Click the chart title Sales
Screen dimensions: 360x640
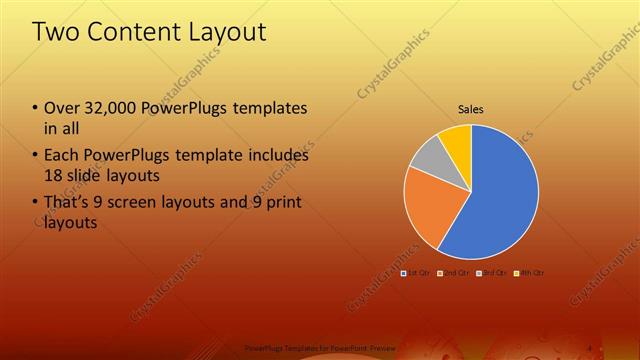click(x=471, y=108)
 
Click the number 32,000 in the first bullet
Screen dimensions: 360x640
click(x=108, y=107)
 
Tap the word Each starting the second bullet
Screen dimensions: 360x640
click(x=62, y=155)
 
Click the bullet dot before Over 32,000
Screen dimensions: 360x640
click(x=35, y=108)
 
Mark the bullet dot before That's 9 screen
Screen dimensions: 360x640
click(x=35, y=204)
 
